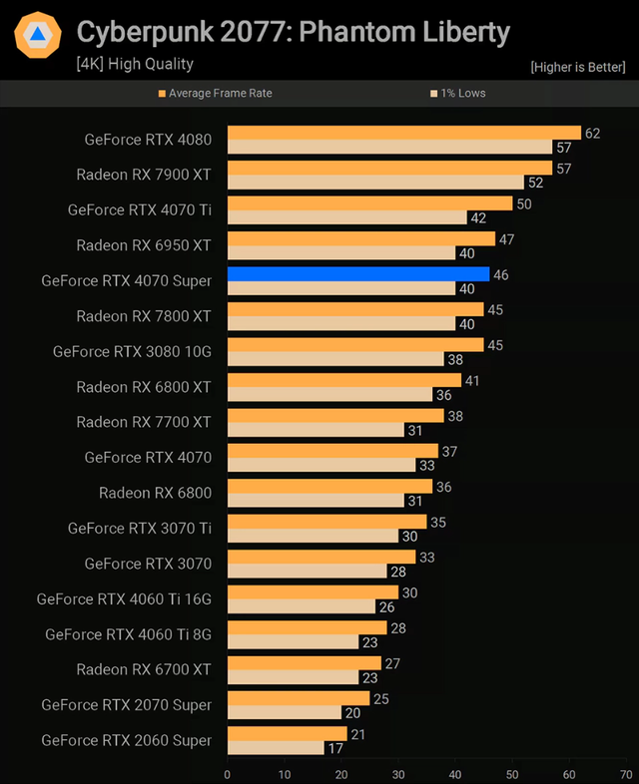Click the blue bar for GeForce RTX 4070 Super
point(358,273)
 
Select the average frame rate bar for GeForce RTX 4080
point(404,133)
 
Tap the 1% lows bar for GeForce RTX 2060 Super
point(276,747)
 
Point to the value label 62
point(593,133)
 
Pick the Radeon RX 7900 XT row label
point(144,175)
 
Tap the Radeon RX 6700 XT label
point(144,669)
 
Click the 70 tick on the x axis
point(626,774)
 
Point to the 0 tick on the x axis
point(228,774)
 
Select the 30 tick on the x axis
point(398,774)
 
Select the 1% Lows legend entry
point(461,93)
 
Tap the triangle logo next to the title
point(38,36)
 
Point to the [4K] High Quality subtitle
point(135,64)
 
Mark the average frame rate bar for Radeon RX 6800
point(329,486)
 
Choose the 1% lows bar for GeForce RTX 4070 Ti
point(346,217)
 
